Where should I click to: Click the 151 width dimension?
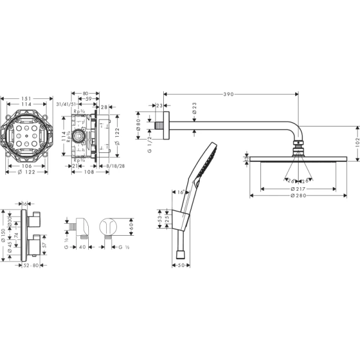pos(26,97)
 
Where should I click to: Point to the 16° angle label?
pos(181,192)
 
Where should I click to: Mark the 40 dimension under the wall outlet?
pos(83,247)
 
